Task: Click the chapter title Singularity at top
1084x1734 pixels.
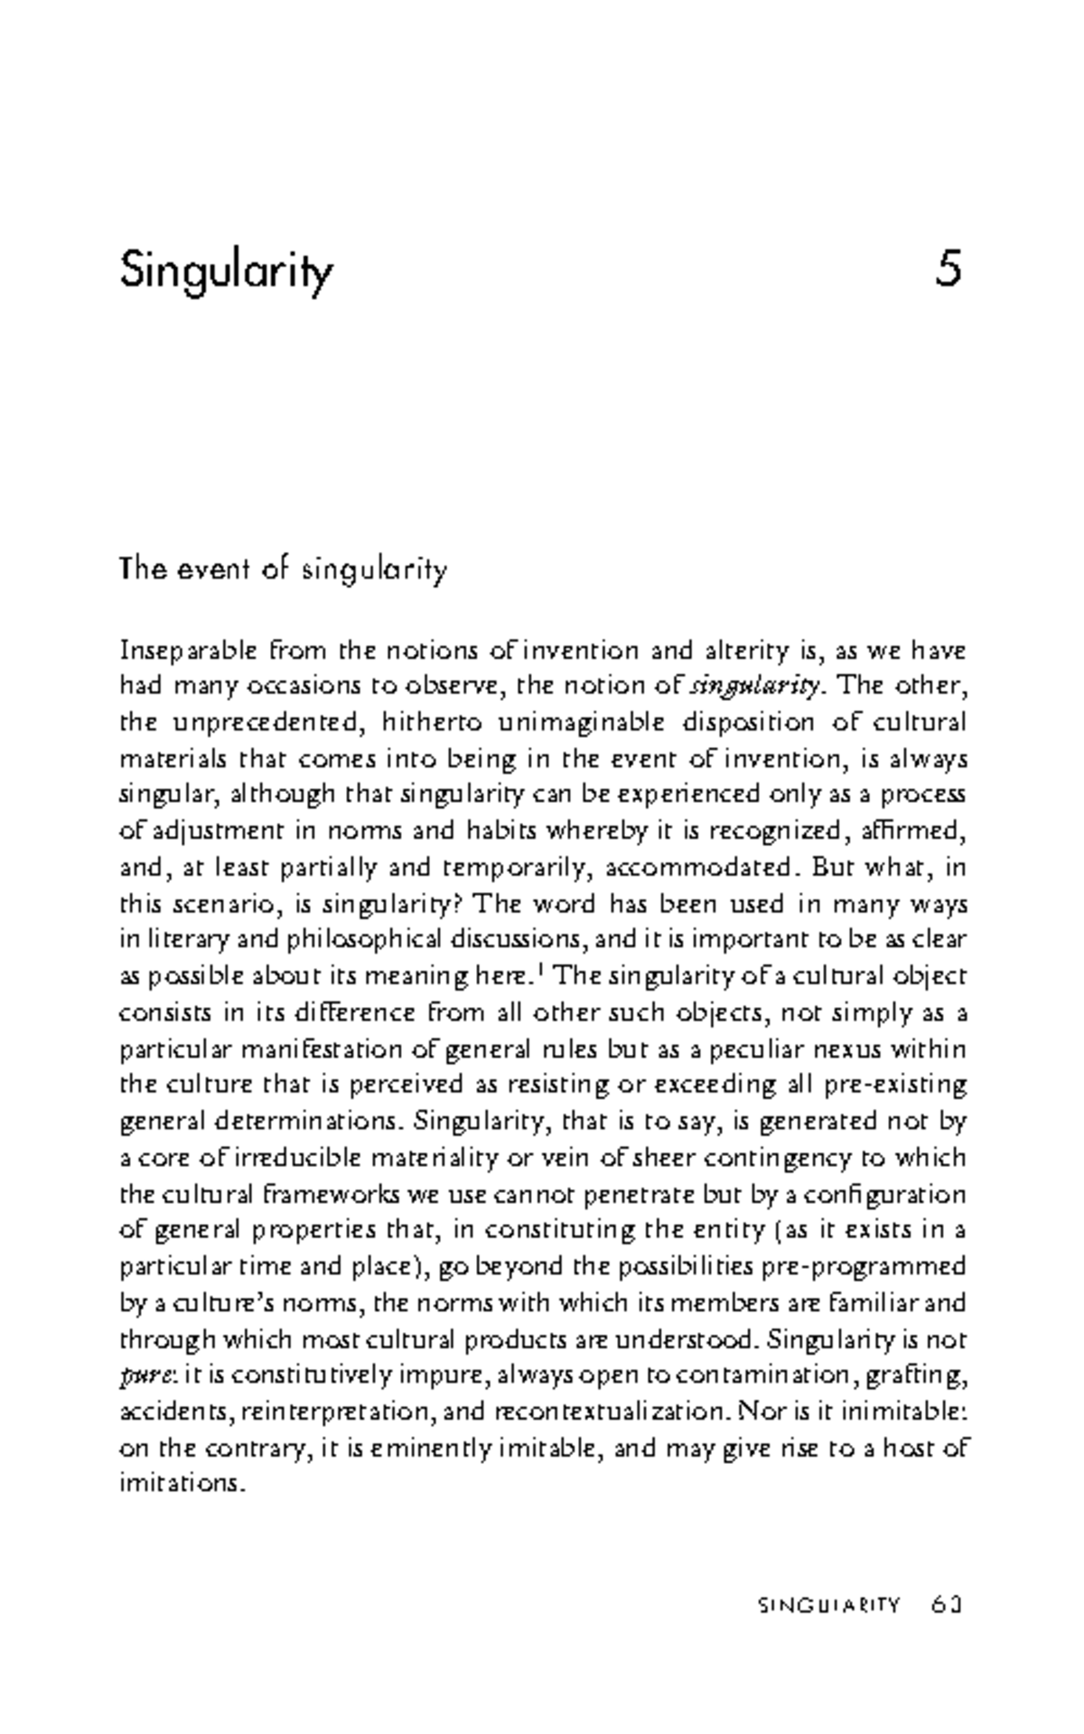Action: [227, 270]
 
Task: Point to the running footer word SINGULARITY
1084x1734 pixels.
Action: [828, 1605]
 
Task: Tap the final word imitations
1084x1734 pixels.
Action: [182, 1483]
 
